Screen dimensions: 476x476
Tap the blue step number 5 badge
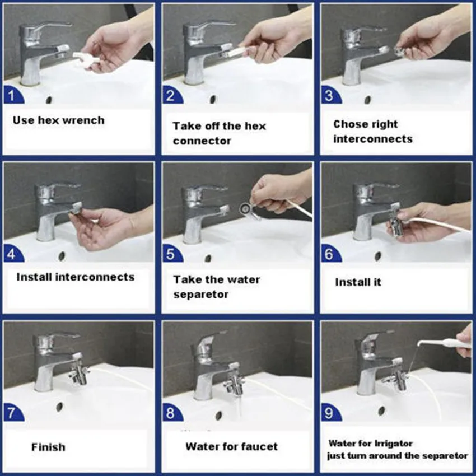point(171,254)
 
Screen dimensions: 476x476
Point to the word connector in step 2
point(202,141)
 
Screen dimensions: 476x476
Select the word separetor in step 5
point(200,295)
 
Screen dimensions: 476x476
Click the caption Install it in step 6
point(358,282)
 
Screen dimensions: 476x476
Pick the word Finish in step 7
point(48,447)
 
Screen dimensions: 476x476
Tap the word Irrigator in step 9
point(394,444)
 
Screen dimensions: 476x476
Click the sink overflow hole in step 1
point(49,100)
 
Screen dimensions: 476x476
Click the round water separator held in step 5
point(245,208)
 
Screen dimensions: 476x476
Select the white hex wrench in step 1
point(86,59)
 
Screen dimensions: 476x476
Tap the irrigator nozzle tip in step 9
point(419,344)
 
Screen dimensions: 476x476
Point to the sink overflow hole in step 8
point(218,416)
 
